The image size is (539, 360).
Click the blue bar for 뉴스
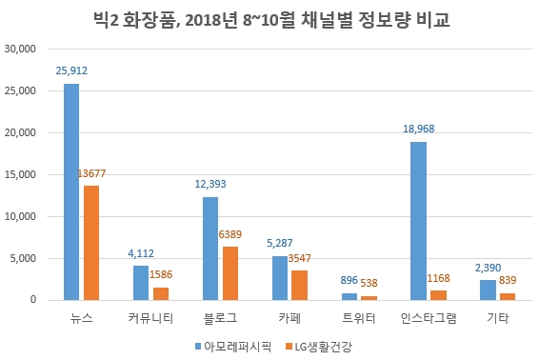(71, 191)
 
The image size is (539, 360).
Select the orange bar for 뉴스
(90, 243)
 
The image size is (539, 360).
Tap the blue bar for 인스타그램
(418, 221)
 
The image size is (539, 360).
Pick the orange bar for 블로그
(230, 273)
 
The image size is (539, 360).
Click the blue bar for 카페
(280, 278)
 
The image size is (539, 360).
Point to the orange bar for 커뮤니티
(160, 293)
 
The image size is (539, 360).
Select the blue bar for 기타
(488, 290)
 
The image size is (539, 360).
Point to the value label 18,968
(418, 130)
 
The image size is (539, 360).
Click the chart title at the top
(269, 19)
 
